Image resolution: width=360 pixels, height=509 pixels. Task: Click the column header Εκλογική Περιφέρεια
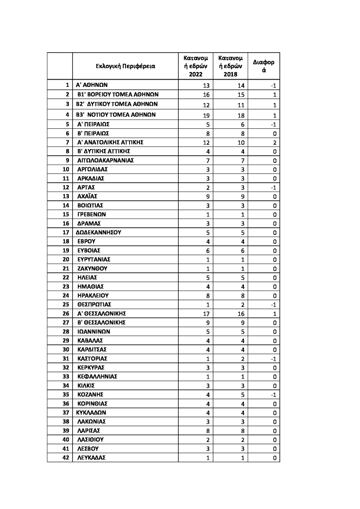(x=126, y=66)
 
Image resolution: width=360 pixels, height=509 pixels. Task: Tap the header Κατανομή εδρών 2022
(x=195, y=66)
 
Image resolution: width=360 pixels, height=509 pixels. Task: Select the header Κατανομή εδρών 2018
(x=230, y=66)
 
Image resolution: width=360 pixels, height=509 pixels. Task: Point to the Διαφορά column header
(x=264, y=66)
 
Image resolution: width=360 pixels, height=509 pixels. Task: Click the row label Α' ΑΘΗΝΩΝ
(x=91, y=85)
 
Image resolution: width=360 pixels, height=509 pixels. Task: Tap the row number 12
(x=65, y=187)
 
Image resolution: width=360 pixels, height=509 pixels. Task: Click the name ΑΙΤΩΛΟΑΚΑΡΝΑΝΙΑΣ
(x=105, y=160)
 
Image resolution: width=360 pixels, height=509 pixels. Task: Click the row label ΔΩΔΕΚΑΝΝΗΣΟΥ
(x=99, y=233)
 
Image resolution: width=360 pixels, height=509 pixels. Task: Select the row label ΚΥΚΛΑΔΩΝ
(x=91, y=413)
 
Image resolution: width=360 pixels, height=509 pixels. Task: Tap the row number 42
(x=65, y=458)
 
